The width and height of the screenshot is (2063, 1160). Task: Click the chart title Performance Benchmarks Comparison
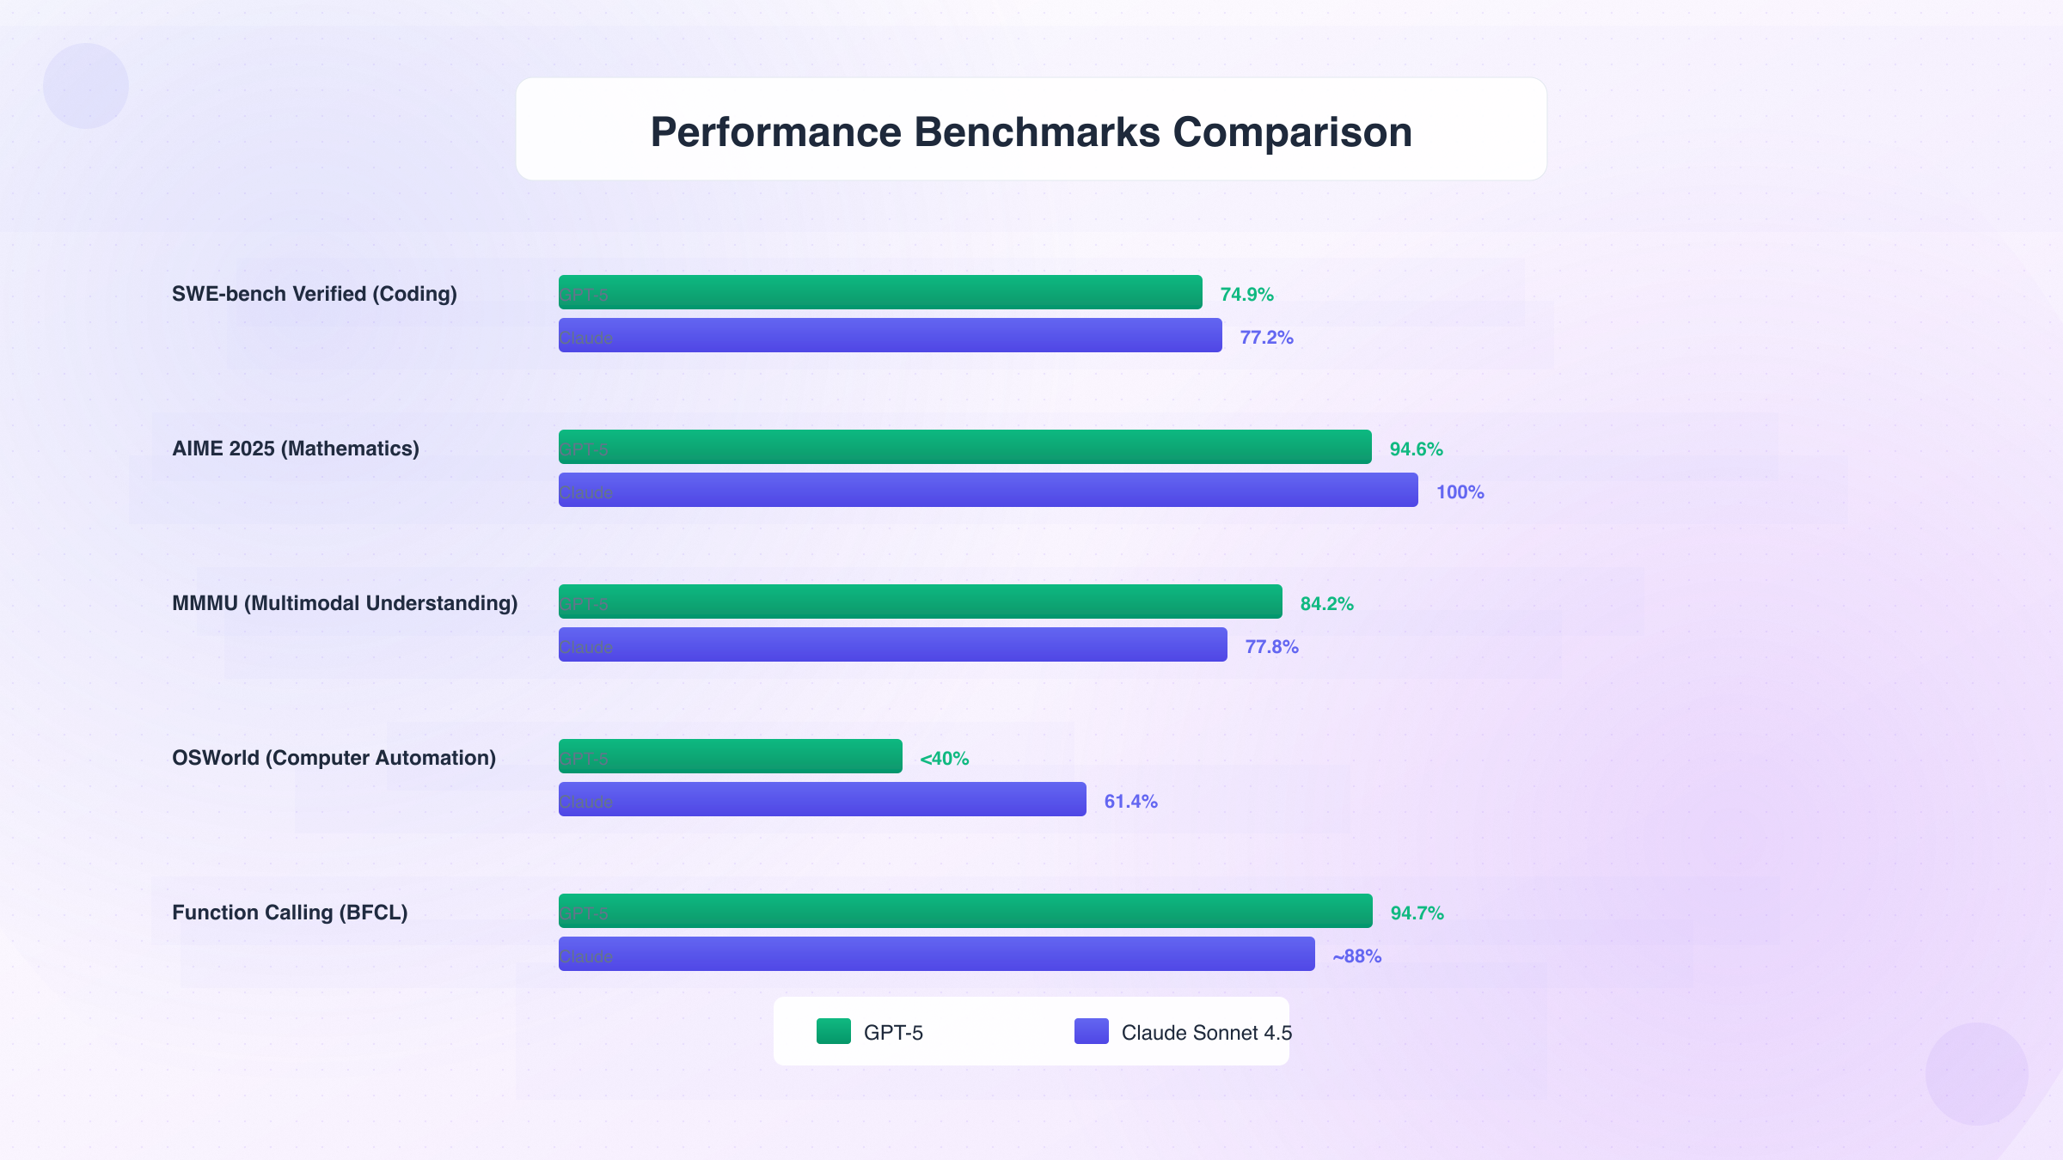pos(1031,131)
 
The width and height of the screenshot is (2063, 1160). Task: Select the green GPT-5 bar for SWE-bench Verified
pos(880,292)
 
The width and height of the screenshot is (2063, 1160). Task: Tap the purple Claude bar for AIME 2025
pos(988,490)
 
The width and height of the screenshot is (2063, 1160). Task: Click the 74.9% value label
pos(1246,295)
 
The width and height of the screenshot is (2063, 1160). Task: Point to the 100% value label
pos(1460,492)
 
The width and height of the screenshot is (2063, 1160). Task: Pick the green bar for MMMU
pos(920,601)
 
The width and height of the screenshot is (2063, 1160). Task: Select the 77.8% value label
pos(1271,647)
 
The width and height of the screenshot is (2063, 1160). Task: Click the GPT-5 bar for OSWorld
pos(730,756)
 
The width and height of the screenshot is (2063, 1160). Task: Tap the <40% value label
pos(944,759)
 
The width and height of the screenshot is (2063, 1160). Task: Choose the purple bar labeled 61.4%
pos(822,799)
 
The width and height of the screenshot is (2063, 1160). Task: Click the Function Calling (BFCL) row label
pos(290,913)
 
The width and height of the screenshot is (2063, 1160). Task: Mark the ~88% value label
pos(1356,956)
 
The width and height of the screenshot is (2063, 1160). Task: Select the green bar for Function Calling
pos(965,911)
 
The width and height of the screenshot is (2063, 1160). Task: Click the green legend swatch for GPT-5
pos(833,1031)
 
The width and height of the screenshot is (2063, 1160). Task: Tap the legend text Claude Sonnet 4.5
pos(1206,1033)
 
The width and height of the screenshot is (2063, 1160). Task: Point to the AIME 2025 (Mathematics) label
pos(296,449)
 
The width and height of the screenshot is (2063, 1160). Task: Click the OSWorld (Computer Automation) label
pos(334,758)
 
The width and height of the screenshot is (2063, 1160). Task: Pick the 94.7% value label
pos(1417,913)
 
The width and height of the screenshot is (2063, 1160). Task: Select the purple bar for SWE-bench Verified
pos(890,335)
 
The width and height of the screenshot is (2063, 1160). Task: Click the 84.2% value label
pos(1326,604)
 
